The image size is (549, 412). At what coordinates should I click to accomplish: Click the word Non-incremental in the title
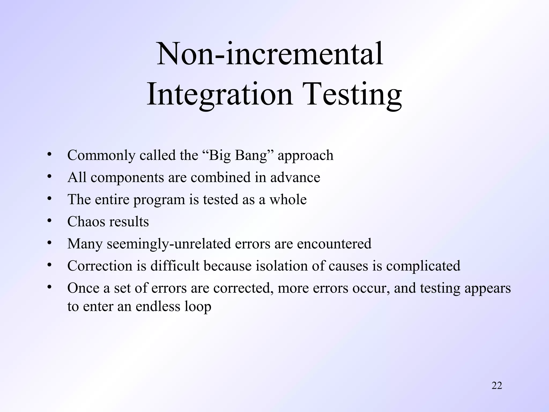(x=270, y=54)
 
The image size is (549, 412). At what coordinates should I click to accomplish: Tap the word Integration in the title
(x=219, y=94)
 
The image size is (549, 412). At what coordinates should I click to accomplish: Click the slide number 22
(x=497, y=385)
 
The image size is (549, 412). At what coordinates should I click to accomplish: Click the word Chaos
(x=85, y=222)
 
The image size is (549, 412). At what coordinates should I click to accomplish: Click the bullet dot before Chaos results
(x=49, y=220)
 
